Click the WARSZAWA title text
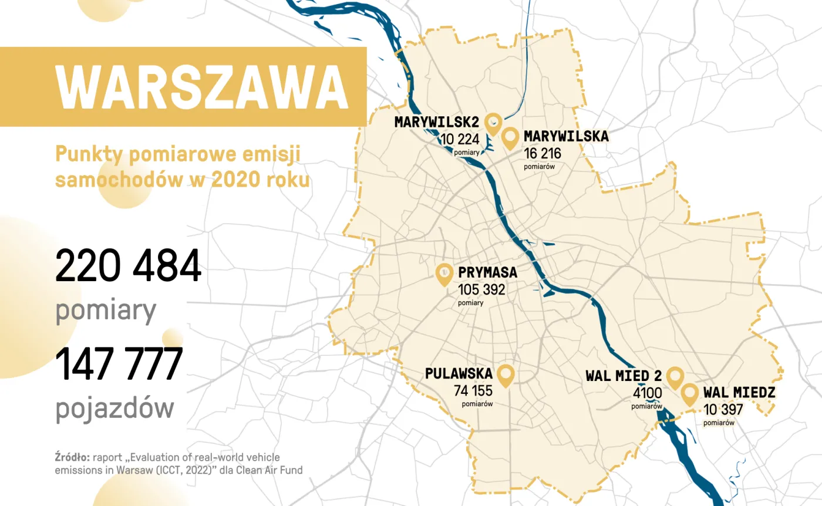(203, 87)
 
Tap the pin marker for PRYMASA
(445, 274)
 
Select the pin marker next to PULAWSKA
(505, 374)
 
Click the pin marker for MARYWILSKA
(511, 137)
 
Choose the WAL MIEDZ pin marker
(689, 394)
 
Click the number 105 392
(481, 289)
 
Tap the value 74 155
(473, 390)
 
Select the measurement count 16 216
(543, 153)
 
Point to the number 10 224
(460, 139)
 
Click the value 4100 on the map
(647, 393)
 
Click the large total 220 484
(128, 266)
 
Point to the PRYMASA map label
(487, 273)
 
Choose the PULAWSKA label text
(458, 373)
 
